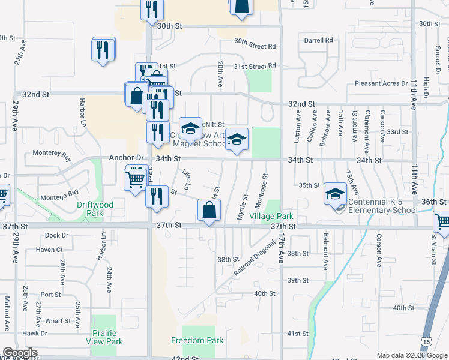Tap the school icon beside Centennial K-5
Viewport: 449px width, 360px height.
click(335, 193)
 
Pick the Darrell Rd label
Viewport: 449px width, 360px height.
click(318, 40)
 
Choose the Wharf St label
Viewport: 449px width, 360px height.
click(58, 321)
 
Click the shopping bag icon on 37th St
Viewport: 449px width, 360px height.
click(208, 211)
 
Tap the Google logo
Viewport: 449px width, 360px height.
click(20, 353)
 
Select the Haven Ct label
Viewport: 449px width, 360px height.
click(49, 250)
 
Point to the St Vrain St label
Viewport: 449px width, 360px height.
click(435, 251)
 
